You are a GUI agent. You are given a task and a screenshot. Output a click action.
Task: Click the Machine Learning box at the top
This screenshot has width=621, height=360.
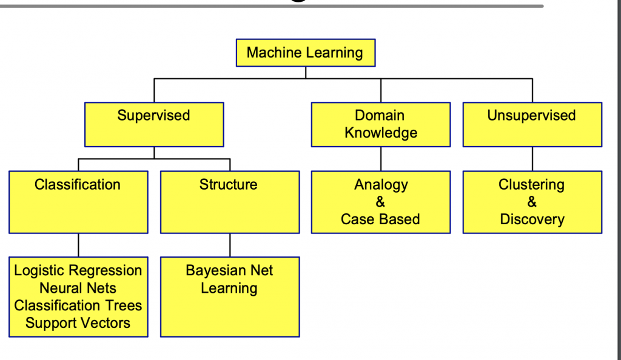click(305, 53)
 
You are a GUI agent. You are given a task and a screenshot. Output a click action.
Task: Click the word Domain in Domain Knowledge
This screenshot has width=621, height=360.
click(380, 116)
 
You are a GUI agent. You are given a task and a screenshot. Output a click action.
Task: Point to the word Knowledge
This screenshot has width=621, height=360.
click(381, 133)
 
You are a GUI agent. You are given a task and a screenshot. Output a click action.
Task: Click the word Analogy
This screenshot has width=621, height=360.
click(381, 185)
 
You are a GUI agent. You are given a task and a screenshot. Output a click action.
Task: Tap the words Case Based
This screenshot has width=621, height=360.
click(380, 219)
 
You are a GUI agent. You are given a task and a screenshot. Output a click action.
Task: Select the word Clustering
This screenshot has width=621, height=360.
click(531, 185)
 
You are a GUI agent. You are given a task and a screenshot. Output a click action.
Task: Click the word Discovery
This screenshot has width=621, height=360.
click(532, 219)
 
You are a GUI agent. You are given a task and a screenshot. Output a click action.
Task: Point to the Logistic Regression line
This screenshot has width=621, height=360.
click(78, 271)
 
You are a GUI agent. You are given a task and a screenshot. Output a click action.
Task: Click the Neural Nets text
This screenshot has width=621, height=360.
click(78, 288)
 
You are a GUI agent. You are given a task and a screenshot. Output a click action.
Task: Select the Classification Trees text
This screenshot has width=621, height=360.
click(78, 305)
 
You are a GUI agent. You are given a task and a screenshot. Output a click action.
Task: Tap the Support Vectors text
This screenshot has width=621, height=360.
click(78, 323)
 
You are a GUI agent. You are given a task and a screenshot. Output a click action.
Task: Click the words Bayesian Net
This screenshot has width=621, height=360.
click(229, 271)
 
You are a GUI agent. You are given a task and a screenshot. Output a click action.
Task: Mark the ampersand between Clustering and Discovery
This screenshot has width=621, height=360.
click(532, 202)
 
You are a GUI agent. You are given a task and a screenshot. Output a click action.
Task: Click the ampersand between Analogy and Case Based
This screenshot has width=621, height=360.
click(380, 202)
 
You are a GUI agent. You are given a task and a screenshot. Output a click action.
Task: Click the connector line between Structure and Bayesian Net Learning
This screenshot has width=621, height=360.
click(230, 245)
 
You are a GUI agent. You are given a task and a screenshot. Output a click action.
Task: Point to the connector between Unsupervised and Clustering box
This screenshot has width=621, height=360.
click(532, 159)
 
